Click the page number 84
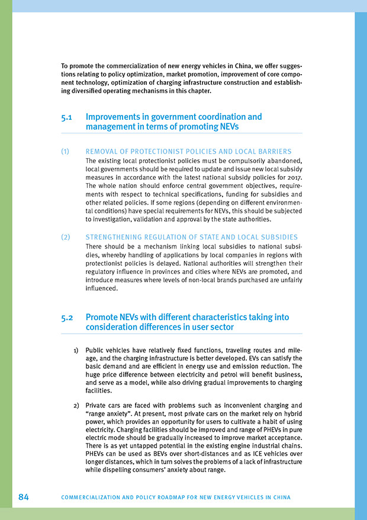pyautogui.click(x=23, y=497)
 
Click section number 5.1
pyautogui.click(x=67, y=117)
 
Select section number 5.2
pyautogui.click(x=67, y=318)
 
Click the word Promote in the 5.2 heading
pyautogui.click(x=102, y=318)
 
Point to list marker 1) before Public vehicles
pyautogui.click(x=76, y=350)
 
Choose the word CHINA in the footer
pyautogui.click(x=280, y=497)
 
